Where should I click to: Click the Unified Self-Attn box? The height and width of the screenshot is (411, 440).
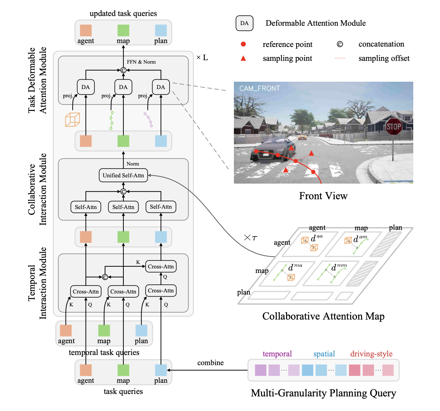click(x=123, y=176)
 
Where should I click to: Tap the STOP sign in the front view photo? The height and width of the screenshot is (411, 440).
click(x=393, y=127)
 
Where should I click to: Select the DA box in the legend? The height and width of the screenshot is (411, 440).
click(x=244, y=23)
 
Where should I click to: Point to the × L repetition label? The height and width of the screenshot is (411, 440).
click(x=202, y=58)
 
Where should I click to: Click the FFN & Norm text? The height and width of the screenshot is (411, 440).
click(x=141, y=62)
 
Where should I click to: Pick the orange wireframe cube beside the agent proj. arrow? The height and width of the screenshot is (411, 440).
click(x=72, y=120)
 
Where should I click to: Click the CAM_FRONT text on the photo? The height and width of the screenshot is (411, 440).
click(x=259, y=89)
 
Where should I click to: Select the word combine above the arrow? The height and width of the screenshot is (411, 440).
click(x=210, y=363)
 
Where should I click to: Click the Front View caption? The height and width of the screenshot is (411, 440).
click(x=323, y=196)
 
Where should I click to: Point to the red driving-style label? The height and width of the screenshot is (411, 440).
click(x=371, y=354)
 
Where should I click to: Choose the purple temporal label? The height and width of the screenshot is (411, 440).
click(x=277, y=354)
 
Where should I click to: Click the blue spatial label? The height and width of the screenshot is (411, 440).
click(x=324, y=354)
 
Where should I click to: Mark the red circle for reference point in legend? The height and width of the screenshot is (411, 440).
click(x=243, y=44)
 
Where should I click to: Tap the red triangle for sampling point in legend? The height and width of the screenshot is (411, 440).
click(x=243, y=58)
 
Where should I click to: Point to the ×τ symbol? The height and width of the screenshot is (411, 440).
click(x=250, y=238)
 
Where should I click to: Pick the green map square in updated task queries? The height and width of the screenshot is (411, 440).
click(x=123, y=31)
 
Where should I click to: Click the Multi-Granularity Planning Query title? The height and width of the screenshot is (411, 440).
click(x=323, y=393)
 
